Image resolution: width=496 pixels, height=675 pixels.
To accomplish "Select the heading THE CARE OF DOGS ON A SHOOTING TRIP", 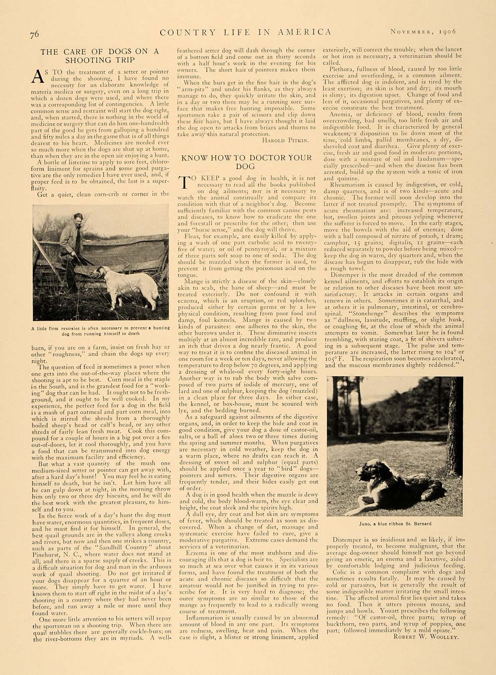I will coord(100,56).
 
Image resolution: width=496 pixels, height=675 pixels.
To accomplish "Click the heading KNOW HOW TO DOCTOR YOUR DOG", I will coord(246,163).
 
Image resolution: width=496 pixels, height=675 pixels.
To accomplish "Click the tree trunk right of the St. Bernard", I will coord(452,426).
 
